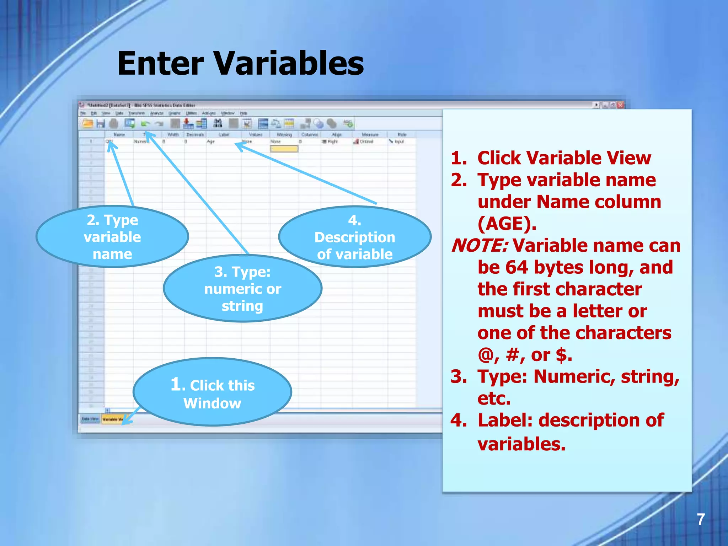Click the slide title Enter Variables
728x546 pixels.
pos(240,63)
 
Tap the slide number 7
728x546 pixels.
pos(700,519)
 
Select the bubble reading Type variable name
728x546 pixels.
pos(112,237)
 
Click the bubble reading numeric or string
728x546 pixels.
pos(242,289)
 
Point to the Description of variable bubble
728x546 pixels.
pos(354,237)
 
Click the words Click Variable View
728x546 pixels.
pos(564,158)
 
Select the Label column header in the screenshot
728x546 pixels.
pos(224,135)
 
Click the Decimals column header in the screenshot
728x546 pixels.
pos(195,135)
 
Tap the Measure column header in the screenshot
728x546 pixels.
pos(370,135)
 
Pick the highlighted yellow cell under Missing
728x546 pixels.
pos(284,149)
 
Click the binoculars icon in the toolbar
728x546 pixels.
pos(218,123)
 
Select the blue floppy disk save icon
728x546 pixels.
pos(101,124)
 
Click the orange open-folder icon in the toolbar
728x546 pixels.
pos(87,124)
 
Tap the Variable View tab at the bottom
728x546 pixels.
pos(112,419)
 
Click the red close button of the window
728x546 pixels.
pos(620,105)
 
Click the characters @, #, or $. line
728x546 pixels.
pos(525,355)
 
